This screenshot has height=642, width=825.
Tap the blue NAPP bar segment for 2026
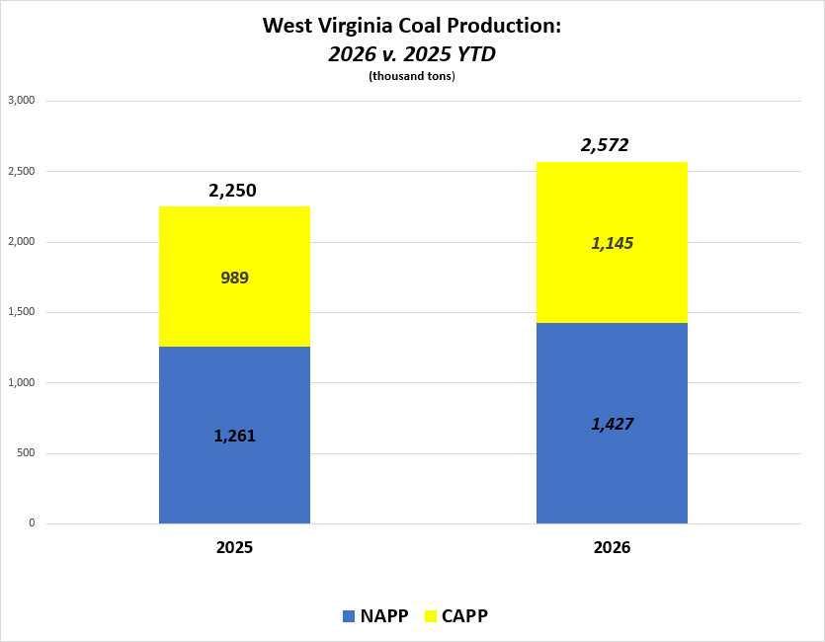coord(612,464)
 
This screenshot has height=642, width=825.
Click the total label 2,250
coord(233,191)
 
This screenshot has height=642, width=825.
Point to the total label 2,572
coord(605,146)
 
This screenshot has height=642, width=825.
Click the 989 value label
coord(234,278)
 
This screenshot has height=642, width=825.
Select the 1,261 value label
coord(234,435)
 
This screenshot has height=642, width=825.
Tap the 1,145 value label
coord(612,243)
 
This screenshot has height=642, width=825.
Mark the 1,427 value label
coord(612,424)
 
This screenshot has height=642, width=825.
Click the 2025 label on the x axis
coord(234,546)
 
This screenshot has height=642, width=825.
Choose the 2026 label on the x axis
coord(612,546)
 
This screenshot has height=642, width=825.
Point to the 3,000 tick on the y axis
coord(21,101)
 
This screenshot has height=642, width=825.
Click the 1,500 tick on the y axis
coord(21,312)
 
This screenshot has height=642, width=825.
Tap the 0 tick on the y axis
coord(32,523)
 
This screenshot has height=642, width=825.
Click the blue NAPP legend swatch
coord(348,616)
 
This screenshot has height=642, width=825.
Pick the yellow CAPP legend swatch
coord(430,616)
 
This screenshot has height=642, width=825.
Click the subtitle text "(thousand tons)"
coord(412,77)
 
